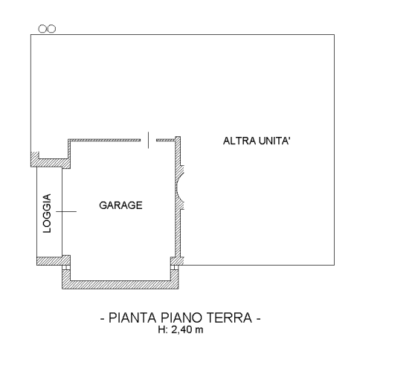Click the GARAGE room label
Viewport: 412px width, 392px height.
coord(120,205)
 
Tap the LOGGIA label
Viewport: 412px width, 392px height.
coord(47,213)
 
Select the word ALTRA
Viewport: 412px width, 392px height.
coord(239,141)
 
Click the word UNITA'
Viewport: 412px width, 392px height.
coord(274,141)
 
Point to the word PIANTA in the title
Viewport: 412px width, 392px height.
coord(132,318)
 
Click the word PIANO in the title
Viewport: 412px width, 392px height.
coord(181,318)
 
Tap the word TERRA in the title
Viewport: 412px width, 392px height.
coord(229,318)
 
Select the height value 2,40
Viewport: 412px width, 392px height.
coord(181,330)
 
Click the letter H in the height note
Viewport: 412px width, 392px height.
coord(161,330)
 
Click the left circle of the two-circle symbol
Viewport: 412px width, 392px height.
coord(42,29)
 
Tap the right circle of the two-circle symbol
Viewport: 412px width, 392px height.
coord(51,29)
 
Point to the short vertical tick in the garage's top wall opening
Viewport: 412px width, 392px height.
coord(149,140)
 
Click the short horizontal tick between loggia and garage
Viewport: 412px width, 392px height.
coord(66,211)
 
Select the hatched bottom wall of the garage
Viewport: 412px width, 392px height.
coord(120,285)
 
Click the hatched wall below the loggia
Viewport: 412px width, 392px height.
coord(54,261)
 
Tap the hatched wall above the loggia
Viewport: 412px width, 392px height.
coord(51,163)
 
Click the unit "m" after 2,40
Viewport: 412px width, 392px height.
coord(199,330)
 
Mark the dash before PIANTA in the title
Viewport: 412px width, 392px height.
coord(103,318)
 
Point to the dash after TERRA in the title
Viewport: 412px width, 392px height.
coord(258,318)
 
